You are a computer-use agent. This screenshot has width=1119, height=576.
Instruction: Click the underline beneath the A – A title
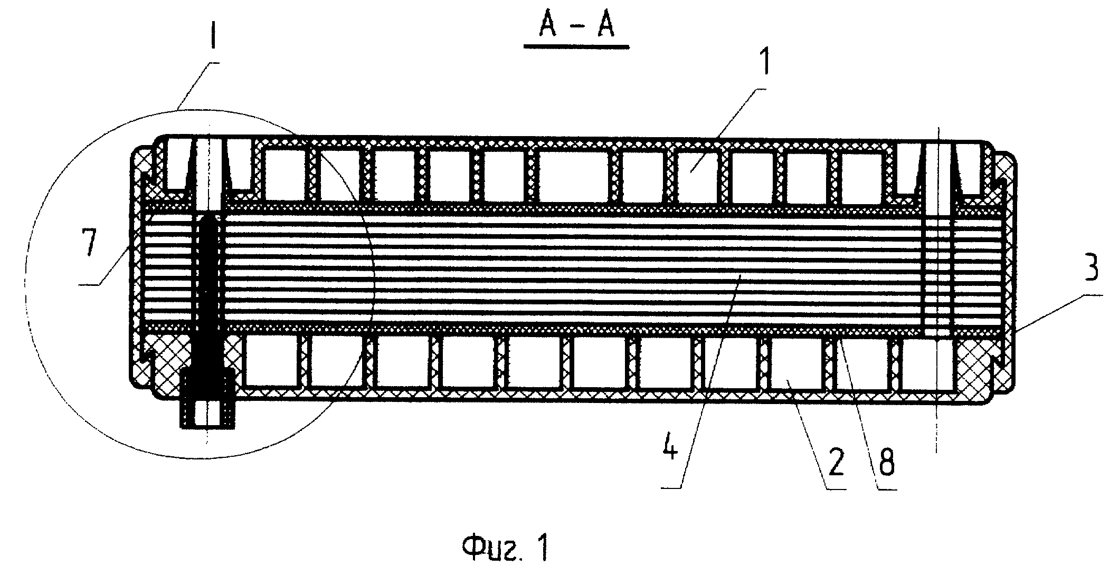(576, 47)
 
